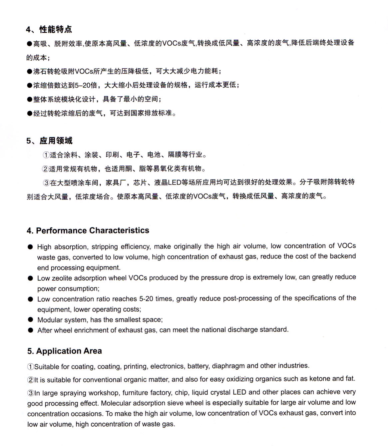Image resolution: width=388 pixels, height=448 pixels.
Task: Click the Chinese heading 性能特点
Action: [x=55, y=29]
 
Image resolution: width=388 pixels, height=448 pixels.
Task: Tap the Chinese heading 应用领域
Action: [x=56, y=141]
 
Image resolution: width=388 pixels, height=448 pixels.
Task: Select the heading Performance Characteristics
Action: [x=92, y=231]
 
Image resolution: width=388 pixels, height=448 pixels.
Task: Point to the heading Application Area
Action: [x=69, y=351]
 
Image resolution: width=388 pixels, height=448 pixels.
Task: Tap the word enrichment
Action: [x=82, y=330]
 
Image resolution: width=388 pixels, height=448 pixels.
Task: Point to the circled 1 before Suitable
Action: [x=30, y=367]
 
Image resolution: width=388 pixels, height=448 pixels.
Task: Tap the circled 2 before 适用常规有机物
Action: [x=45, y=169]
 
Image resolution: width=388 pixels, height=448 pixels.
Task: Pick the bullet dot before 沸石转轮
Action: [x=29, y=71]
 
